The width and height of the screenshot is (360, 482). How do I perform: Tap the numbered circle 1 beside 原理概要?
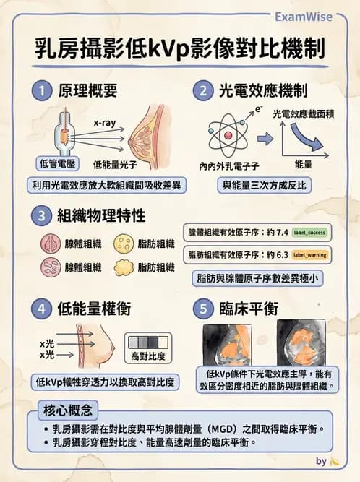click(x=43, y=91)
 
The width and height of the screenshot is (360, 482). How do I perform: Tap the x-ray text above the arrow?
click(x=105, y=124)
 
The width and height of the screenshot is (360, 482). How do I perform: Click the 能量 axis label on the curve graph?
click(x=304, y=165)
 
